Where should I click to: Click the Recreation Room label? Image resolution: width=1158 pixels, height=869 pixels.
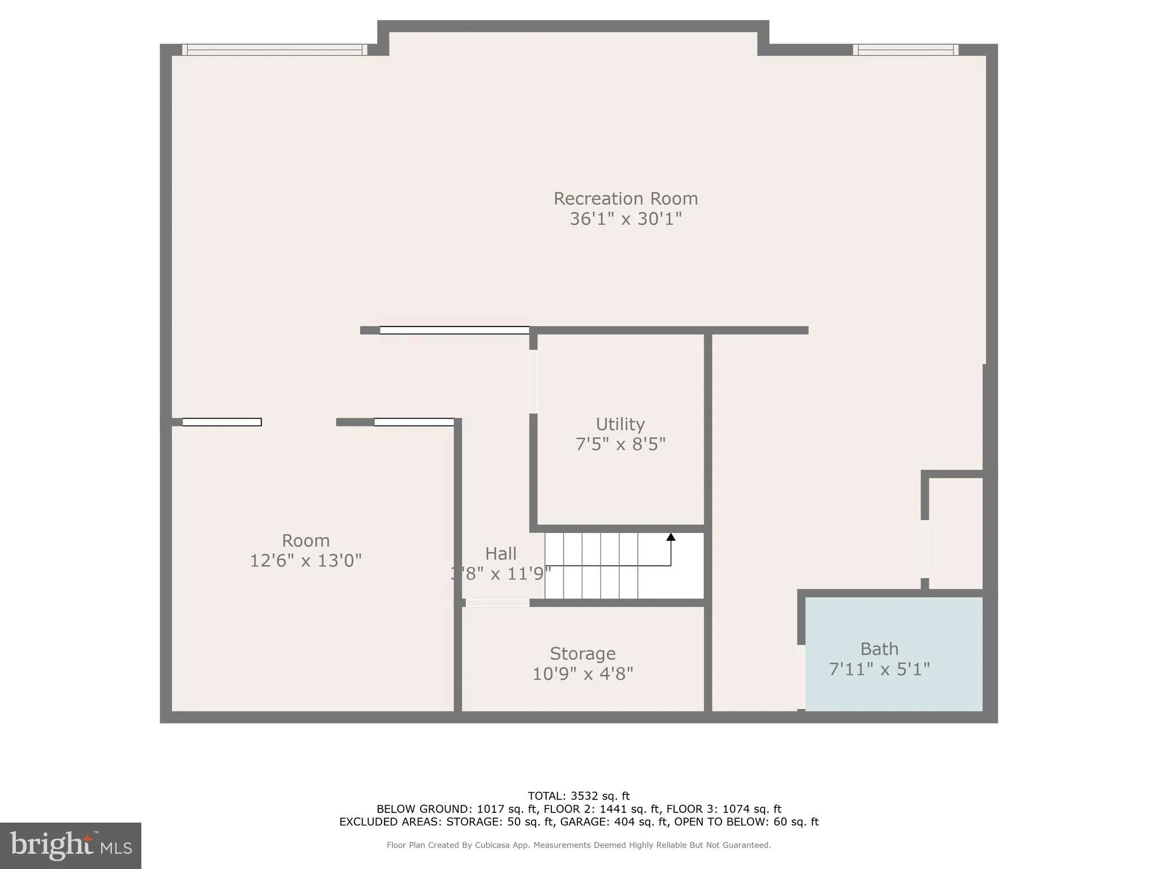(625, 199)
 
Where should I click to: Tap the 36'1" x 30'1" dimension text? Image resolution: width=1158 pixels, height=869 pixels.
(625, 219)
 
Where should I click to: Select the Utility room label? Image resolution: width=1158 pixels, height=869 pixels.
(620, 424)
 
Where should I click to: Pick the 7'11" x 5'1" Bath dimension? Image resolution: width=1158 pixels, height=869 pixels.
(879, 669)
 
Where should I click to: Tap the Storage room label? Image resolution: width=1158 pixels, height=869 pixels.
(582, 653)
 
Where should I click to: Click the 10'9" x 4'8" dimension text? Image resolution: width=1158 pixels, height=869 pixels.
(582, 674)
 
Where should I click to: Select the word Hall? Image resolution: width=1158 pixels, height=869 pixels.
(500, 553)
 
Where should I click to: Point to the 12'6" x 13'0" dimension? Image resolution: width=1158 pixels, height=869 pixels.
(305, 561)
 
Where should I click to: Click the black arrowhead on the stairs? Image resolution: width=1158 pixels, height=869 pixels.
(671, 537)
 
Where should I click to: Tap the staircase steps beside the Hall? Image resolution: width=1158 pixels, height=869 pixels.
(599, 566)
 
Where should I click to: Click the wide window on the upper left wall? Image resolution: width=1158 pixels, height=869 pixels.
(275, 50)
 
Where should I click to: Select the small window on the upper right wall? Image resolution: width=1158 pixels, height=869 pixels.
(905, 50)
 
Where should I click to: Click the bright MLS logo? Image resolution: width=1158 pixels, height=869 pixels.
(71, 845)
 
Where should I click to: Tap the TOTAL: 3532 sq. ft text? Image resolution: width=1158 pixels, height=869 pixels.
(578, 796)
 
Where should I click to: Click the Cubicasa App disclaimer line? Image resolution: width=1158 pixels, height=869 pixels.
(578, 845)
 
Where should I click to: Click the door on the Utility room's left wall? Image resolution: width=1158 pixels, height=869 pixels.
(533, 382)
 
